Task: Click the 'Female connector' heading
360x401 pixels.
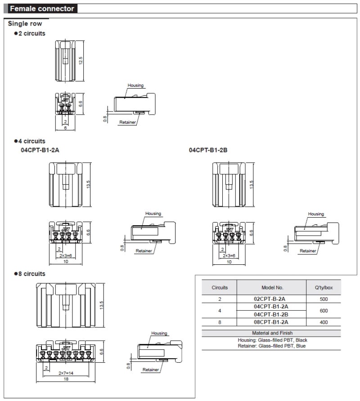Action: (42, 9)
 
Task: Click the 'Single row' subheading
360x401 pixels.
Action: (25, 23)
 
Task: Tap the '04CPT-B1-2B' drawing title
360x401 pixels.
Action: (208, 150)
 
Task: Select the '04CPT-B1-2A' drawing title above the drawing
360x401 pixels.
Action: (40, 150)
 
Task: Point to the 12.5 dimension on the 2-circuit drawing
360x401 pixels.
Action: (81, 60)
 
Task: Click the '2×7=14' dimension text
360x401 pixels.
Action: (66, 373)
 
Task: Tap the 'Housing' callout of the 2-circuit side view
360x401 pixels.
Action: (135, 85)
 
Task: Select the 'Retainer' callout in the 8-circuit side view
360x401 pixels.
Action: (151, 370)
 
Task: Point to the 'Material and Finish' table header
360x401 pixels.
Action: (272, 333)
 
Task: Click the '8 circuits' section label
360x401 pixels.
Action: (31, 273)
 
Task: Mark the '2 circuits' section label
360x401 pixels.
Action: (31, 33)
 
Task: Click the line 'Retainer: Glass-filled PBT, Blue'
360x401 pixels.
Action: (272, 346)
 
